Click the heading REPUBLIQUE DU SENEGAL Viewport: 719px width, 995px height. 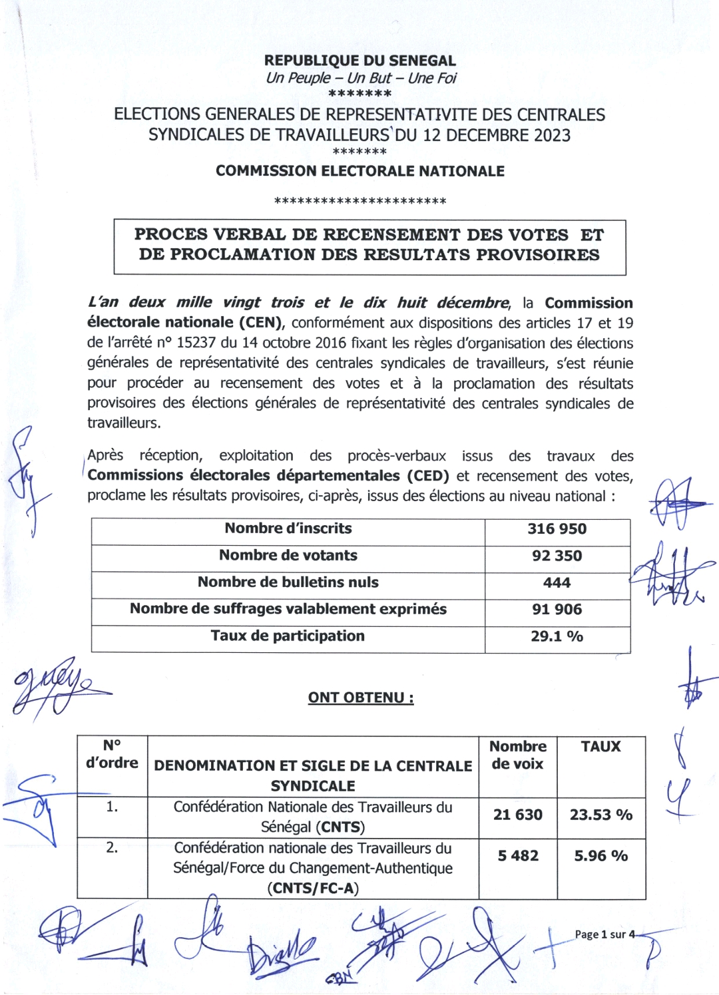pyautogui.click(x=359, y=61)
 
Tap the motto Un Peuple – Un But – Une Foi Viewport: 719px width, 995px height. pyautogui.click(x=361, y=78)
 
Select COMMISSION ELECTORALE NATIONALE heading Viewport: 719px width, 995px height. pyautogui.click(x=359, y=171)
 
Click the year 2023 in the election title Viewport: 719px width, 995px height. pyautogui.click(x=551, y=135)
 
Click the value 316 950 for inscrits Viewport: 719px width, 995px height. pyautogui.click(x=557, y=529)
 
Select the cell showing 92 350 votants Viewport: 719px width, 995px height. pyautogui.click(x=557, y=556)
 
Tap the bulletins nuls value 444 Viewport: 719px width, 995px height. pyautogui.click(x=557, y=583)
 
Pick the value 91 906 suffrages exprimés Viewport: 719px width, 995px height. pyautogui.click(x=557, y=610)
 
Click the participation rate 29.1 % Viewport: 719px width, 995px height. pyautogui.click(x=557, y=637)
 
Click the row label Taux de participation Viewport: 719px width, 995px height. pyautogui.click(x=288, y=636)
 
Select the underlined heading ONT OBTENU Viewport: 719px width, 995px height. pyautogui.click(x=360, y=697)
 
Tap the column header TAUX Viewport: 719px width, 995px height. pyautogui.click(x=600, y=747)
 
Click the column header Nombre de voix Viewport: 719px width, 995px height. pyautogui.click(x=517, y=755)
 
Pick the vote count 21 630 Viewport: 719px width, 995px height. pyautogui.click(x=517, y=815)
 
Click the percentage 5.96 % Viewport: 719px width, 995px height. pyautogui.click(x=600, y=856)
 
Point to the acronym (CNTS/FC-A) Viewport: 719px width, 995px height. pyautogui.click(x=313, y=889)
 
